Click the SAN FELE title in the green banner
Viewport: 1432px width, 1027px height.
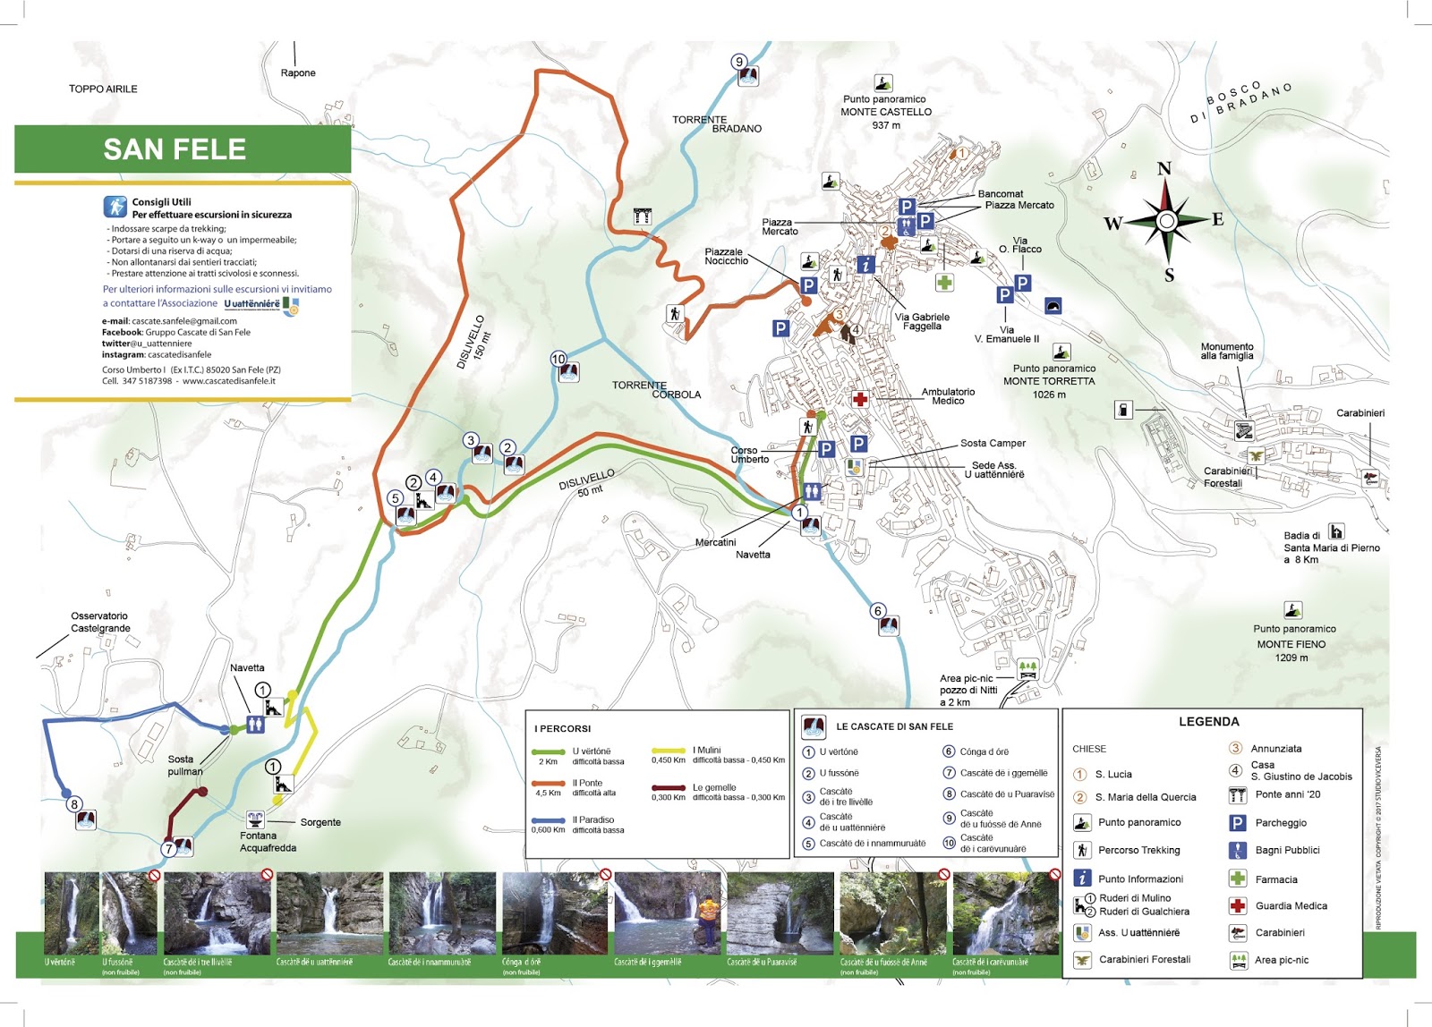[x=175, y=149]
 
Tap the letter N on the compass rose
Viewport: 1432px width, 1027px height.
[x=1164, y=169]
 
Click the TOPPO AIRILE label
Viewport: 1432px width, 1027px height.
[x=103, y=89]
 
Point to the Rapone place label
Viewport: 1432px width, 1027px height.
[x=298, y=73]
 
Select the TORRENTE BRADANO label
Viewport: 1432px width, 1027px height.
[x=716, y=123]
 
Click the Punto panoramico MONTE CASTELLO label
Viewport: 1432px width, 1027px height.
[x=885, y=112]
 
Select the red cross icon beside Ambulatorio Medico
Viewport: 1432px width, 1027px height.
[x=859, y=399]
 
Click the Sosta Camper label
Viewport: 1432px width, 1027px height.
[x=993, y=443]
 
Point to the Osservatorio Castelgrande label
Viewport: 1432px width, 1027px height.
[x=100, y=622]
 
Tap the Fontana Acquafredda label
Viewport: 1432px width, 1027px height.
[x=268, y=842]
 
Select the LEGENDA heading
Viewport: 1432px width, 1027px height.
[x=1208, y=721]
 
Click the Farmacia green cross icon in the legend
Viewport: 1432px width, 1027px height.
[x=1237, y=878]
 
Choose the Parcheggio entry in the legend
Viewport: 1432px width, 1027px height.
[x=1280, y=823]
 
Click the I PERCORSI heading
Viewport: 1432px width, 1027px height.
[x=563, y=728]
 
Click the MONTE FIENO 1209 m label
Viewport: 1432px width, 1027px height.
[x=1291, y=650]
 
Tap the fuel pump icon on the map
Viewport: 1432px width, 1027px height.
[x=1123, y=410]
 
